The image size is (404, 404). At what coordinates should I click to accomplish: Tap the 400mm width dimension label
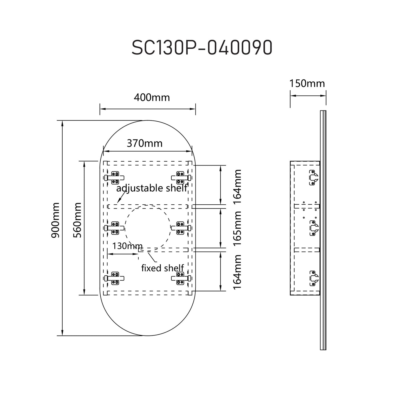click(152, 98)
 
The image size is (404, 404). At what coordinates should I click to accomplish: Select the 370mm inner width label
click(145, 143)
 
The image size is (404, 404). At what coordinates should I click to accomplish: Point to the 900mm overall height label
click(55, 220)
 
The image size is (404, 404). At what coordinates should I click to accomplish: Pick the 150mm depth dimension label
click(307, 83)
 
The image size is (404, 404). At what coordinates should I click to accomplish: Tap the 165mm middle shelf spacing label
click(237, 228)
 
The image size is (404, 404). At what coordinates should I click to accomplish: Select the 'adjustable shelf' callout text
click(152, 188)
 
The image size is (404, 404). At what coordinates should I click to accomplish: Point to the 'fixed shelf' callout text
click(162, 268)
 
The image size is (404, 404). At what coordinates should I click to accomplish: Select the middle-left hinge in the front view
click(114, 228)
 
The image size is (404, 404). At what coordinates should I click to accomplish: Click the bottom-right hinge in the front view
click(181, 279)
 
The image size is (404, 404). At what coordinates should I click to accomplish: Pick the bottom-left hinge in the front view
click(114, 279)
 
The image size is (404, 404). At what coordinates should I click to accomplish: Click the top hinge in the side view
click(313, 178)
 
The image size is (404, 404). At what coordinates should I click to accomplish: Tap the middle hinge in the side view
click(313, 228)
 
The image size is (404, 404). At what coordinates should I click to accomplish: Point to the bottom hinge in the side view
click(313, 278)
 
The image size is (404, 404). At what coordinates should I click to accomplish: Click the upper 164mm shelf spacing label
click(237, 184)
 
